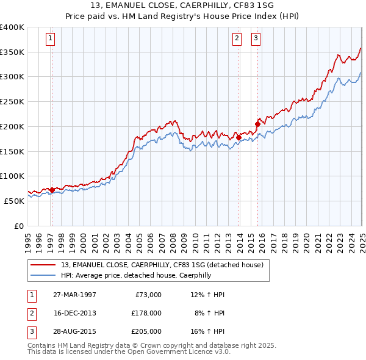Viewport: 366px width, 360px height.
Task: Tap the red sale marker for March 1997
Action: click(x=52, y=190)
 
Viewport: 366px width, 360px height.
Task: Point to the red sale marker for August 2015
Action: click(x=257, y=124)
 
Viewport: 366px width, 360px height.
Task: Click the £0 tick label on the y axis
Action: click(x=18, y=225)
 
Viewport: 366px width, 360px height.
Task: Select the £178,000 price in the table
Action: click(x=146, y=313)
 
